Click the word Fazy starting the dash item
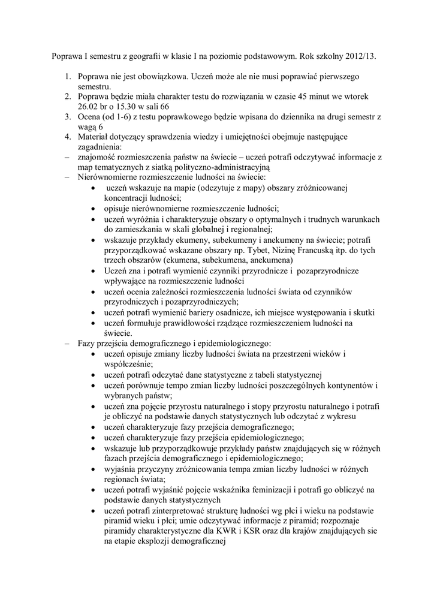(88, 344)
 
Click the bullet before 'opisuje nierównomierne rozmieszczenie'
(94, 209)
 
